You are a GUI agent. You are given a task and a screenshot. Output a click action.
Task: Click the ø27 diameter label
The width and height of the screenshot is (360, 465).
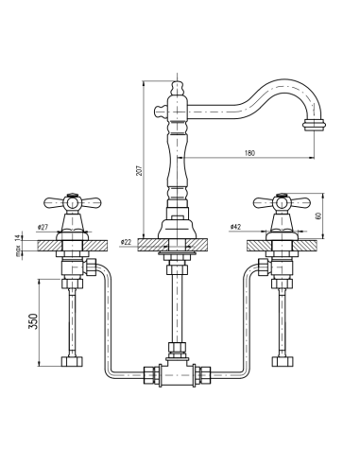[x=43, y=228]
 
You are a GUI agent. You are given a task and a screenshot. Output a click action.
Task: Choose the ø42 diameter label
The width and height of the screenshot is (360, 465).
[x=235, y=228]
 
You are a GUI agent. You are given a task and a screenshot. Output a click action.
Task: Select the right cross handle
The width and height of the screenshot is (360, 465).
[x=280, y=201]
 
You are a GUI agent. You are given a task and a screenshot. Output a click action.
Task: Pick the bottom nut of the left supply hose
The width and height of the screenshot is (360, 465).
[x=74, y=361]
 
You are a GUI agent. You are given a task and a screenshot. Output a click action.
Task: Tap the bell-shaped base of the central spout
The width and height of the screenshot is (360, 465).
[x=177, y=227]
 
